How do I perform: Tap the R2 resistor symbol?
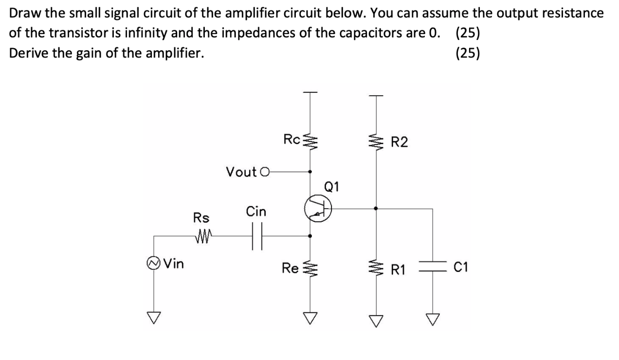click(x=375, y=142)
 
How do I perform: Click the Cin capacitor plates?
click(x=256, y=236)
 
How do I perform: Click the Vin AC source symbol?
click(x=154, y=265)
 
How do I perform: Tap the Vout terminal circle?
click(x=264, y=171)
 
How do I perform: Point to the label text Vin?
click(x=174, y=265)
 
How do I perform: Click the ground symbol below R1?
click(x=375, y=318)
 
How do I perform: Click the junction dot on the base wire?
click(x=375, y=208)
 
